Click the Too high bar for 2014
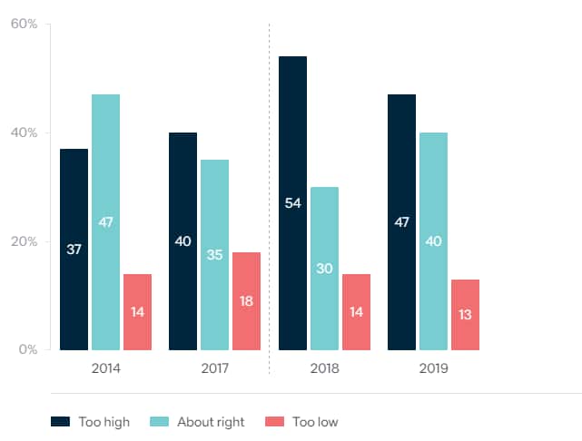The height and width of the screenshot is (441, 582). tap(74, 250)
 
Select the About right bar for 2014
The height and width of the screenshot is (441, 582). tap(105, 222)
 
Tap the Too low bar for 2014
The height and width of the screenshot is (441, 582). tap(137, 311)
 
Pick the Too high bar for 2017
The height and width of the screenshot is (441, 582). tap(182, 241)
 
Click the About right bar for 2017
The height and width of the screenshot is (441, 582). tap(214, 255)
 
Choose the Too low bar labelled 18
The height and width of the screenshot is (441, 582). tap(246, 300)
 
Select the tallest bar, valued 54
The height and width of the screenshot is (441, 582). tap(292, 203)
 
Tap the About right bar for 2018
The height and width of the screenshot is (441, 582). tap(324, 269)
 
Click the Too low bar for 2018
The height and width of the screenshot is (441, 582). tap(356, 311)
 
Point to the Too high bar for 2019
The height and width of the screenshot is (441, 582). tap(401, 222)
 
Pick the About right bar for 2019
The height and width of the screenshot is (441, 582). tap(433, 241)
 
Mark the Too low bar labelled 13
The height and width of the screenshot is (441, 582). tap(465, 314)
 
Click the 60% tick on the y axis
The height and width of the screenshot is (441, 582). tap(24, 24)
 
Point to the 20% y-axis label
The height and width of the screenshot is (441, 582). tap(24, 241)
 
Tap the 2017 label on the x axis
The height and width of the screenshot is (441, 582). tap(214, 368)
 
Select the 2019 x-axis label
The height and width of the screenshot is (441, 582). tap(433, 368)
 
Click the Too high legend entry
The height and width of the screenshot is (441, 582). tap(90, 422)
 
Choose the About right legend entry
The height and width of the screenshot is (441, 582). tap(200, 422)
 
